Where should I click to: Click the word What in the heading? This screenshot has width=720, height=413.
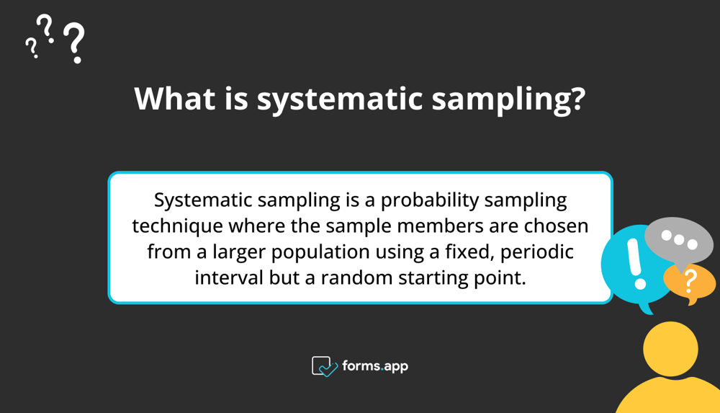click(x=175, y=98)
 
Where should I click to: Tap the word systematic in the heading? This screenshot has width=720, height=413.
click(x=339, y=99)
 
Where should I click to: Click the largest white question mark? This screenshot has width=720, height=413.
click(x=74, y=43)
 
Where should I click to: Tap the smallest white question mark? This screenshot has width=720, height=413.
click(x=31, y=48)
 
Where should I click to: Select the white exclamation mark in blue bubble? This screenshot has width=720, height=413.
click(x=637, y=264)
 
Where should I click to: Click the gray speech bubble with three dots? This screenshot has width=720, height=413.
click(x=679, y=241)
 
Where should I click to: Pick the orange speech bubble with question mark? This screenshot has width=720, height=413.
click(x=690, y=283)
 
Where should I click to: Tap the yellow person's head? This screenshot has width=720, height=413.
click(x=670, y=349)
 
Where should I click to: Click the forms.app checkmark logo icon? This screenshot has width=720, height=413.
click(x=324, y=367)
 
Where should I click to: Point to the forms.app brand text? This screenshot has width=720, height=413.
click(x=375, y=367)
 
